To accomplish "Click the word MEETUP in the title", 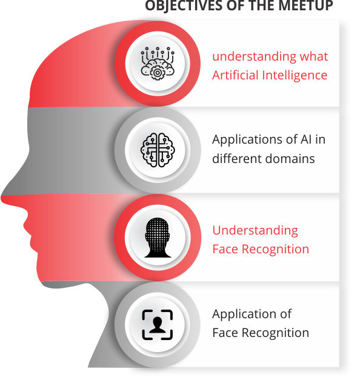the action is (x=305, y=5).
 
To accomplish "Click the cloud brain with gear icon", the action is (x=158, y=64).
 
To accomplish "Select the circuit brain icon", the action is (x=158, y=150).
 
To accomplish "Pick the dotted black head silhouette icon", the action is (x=158, y=238).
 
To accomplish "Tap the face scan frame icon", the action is (x=158, y=325).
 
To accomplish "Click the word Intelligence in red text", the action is (x=295, y=76).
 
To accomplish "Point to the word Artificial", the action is (x=235, y=75).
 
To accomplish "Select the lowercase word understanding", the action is (x=254, y=57).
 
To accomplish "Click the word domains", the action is (x=290, y=159).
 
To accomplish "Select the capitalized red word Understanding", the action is (x=255, y=231).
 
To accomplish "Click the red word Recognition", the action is (x=276, y=250).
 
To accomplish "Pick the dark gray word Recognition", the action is (x=276, y=333).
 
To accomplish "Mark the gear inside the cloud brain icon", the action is (x=158, y=73).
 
